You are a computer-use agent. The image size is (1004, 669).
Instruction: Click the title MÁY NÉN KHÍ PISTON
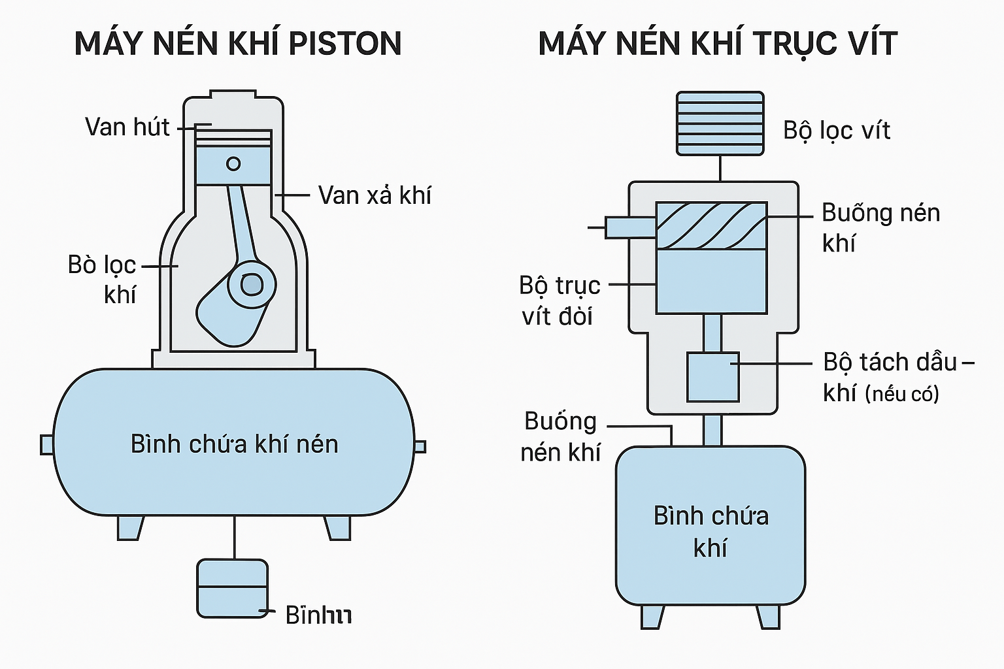[x=238, y=44]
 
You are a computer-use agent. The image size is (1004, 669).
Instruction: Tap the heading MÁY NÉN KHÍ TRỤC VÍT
[x=718, y=44]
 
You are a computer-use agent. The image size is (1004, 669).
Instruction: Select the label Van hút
[x=127, y=127]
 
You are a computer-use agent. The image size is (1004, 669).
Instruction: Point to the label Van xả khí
[x=375, y=195]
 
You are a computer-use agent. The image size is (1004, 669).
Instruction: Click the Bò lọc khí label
[x=103, y=280]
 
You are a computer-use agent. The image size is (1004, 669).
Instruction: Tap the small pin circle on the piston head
[x=233, y=163]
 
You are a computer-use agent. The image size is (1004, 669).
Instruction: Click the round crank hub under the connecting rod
[x=252, y=284]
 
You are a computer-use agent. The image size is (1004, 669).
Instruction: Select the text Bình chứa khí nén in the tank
[x=235, y=444]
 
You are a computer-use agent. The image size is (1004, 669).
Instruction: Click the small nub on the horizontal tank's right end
[x=420, y=446]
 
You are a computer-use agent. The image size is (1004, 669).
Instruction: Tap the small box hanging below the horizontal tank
[x=233, y=588]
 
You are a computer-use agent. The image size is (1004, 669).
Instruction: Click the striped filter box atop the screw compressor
[x=720, y=123]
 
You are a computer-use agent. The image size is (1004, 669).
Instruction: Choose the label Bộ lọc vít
[x=837, y=131]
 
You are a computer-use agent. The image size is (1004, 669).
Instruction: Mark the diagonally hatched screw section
[x=711, y=225]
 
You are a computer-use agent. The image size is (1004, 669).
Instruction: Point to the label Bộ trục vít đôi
[x=560, y=301]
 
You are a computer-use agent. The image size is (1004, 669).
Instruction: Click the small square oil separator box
[x=712, y=377]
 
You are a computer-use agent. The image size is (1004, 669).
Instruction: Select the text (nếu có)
[x=902, y=394]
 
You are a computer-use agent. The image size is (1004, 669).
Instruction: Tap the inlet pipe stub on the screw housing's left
[x=629, y=227]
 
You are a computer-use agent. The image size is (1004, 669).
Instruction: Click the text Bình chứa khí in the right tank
[x=711, y=531]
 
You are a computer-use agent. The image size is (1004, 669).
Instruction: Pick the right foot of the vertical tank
[x=768, y=617]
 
